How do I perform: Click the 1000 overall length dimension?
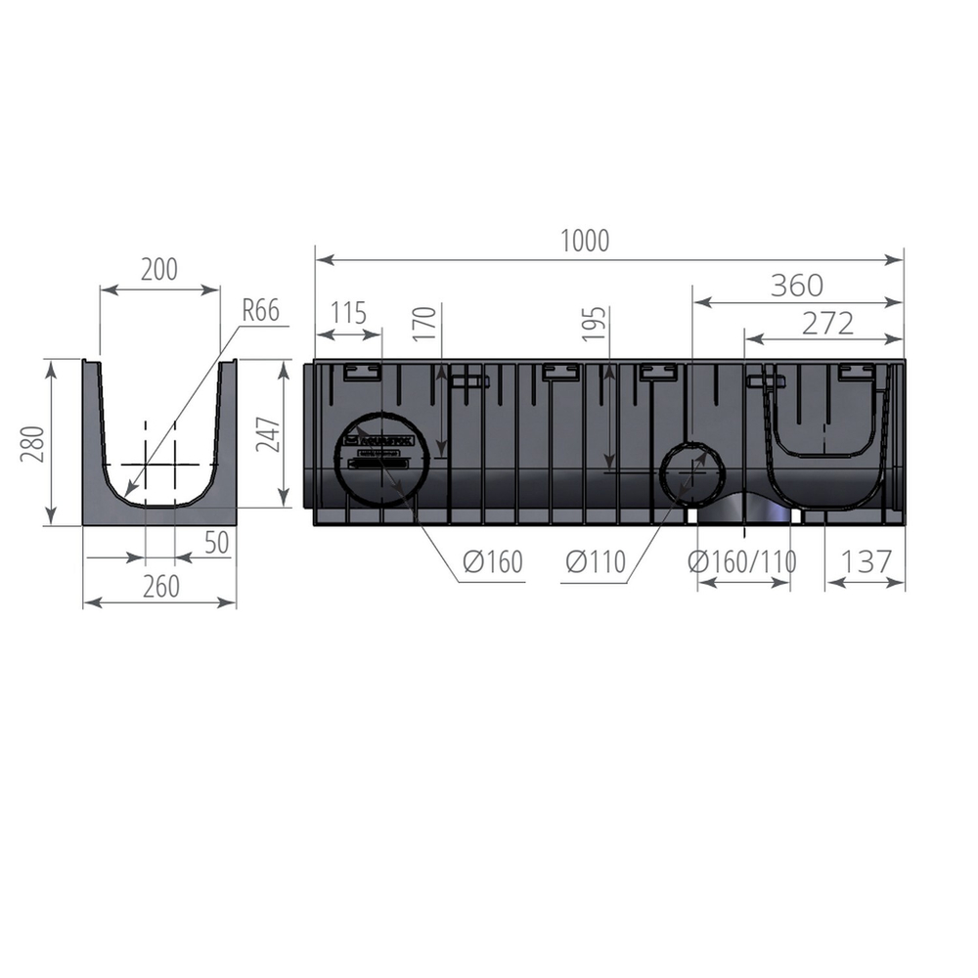click(585, 241)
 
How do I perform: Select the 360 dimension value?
click(796, 286)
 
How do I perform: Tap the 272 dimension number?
click(827, 324)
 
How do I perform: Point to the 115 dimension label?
click(348, 314)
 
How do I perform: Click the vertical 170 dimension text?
click(423, 324)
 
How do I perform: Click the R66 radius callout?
click(261, 311)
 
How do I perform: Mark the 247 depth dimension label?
click(267, 434)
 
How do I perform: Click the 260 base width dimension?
click(161, 586)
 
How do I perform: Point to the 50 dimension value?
click(218, 542)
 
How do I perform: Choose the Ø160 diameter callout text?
click(493, 562)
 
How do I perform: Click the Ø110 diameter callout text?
click(595, 562)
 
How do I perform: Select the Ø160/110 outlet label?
click(741, 562)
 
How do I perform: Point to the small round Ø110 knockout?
click(691, 470)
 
